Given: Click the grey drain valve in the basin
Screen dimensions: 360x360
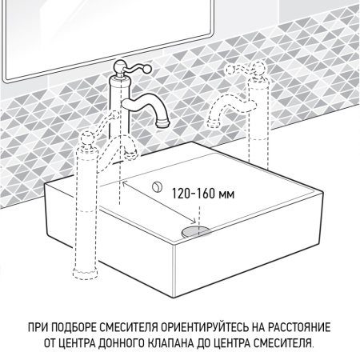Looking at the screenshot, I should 194,230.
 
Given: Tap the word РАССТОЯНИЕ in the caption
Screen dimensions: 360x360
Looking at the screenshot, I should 301,329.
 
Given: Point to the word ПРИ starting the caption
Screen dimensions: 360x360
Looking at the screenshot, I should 39,329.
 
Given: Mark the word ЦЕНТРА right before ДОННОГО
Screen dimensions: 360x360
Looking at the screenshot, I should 74,342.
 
